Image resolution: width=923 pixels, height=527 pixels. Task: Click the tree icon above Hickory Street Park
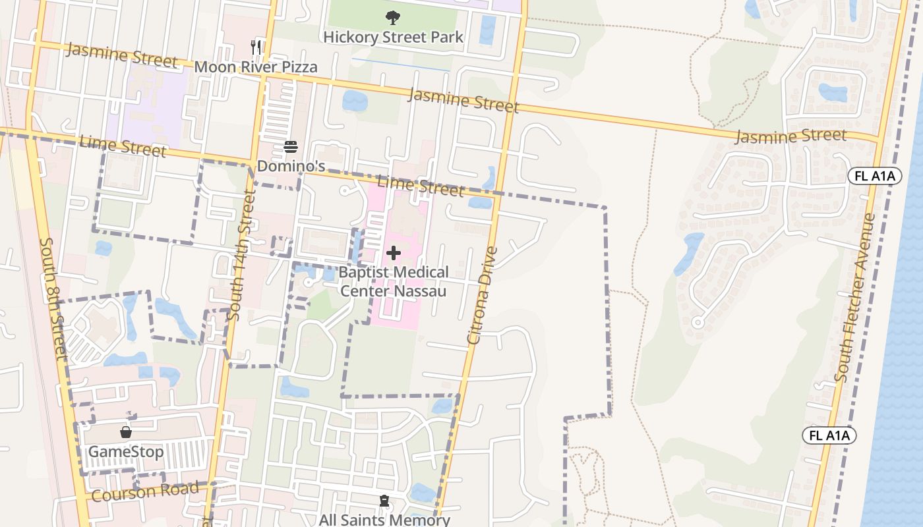(x=393, y=18)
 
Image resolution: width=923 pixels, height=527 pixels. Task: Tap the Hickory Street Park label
(x=393, y=37)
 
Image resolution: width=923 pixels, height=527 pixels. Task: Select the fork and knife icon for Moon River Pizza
(x=256, y=47)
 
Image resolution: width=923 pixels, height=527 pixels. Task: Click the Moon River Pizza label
(x=256, y=67)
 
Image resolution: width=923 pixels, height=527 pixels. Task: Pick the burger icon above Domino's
(x=291, y=147)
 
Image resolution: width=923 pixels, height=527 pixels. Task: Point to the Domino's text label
(x=291, y=166)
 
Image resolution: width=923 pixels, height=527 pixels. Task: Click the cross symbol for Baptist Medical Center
(x=394, y=253)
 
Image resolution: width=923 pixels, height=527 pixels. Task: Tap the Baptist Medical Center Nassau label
(x=394, y=281)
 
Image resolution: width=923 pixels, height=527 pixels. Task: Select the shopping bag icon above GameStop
(x=126, y=433)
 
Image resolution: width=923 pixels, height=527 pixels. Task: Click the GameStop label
(x=126, y=452)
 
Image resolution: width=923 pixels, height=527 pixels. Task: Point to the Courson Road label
(x=145, y=491)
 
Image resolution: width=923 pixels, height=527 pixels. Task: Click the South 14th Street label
(x=239, y=255)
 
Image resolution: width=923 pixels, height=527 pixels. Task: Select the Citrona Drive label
(x=483, y=295)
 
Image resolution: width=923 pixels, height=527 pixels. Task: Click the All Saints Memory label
(x=384, y=519)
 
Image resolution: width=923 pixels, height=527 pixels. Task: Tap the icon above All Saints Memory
(x=384, y=501)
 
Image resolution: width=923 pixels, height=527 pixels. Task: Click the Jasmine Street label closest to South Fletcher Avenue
(x=790, y=136)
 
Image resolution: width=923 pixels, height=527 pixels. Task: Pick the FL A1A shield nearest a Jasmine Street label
(x=874, y=176)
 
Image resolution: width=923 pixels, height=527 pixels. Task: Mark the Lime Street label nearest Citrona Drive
(x=420, y=186)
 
